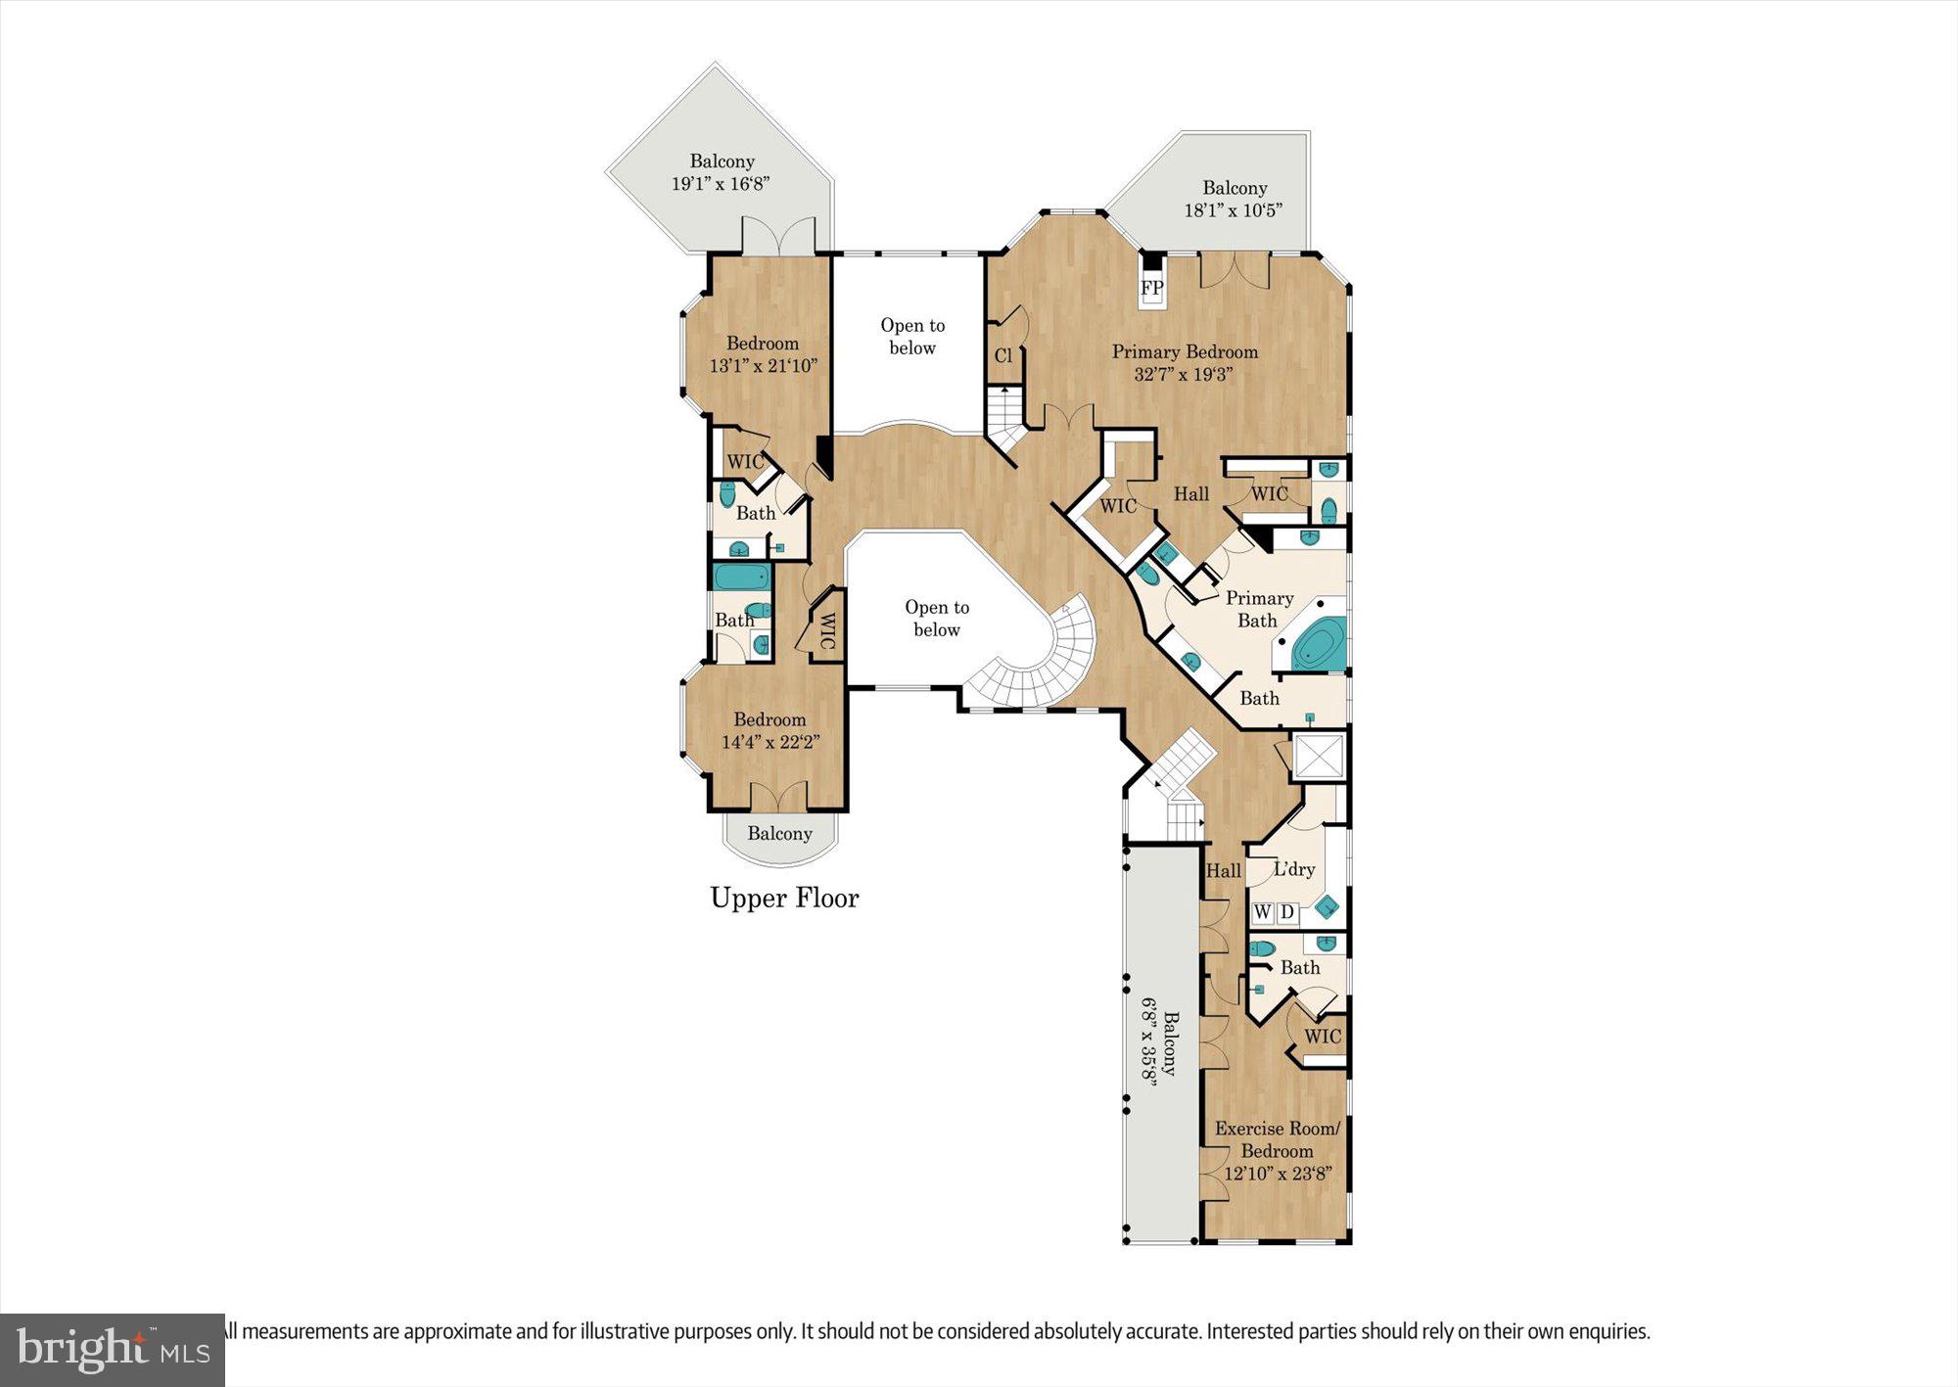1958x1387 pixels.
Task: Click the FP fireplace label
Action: tap(1151, 288)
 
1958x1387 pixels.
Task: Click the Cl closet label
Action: tap(1003, 355)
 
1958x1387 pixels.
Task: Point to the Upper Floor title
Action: tap(784, 898)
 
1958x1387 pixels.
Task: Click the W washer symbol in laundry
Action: tap(1263, 912)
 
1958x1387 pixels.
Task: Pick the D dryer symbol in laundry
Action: tap(1287, 912)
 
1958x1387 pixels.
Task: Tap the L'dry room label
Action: tap(1294, 869)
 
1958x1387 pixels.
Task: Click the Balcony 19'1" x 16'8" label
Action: tap(722, 172)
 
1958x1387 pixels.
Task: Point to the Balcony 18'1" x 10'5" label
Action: tap(1234, 199)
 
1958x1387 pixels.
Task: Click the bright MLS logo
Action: tap(113, 1350)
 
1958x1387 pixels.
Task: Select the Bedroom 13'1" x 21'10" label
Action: tap(763, 354)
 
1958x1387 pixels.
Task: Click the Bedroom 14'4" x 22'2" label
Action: tap(770, 730)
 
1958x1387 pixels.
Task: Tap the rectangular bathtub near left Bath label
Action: tap(742, 576)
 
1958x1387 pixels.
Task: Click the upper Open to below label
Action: tap(912, 337)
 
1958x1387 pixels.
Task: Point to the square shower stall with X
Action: tap(1319, 756)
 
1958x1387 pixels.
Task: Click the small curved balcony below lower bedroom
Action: tap(780, 837)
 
